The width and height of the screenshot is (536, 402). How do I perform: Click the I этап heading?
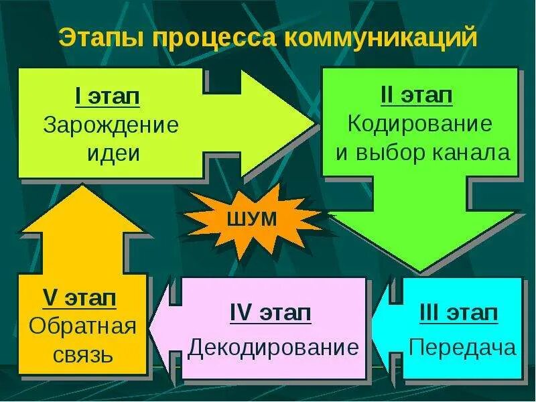tap(107, 97)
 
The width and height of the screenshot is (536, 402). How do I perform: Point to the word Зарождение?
tap(111, 125)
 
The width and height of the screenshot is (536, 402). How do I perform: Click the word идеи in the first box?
tap(113, 153)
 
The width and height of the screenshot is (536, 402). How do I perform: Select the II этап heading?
tap(416, 95)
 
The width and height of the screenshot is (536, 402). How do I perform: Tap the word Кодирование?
tap(420, 124)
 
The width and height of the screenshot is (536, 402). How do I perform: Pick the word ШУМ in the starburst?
tap(253, 219)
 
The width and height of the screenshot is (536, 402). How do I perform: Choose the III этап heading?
tap(459, 313)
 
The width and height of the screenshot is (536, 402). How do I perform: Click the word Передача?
tap(462, 348)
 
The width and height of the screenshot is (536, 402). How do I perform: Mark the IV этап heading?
tap(270, 313)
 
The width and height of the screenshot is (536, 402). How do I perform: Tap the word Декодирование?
tap(273, 348)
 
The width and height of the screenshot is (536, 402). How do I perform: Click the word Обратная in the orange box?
tap(83, 328)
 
